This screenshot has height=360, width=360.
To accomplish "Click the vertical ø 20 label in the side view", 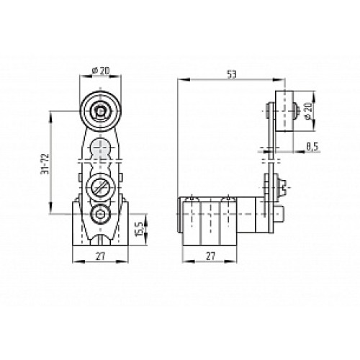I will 307,112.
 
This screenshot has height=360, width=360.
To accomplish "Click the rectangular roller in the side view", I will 287,112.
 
